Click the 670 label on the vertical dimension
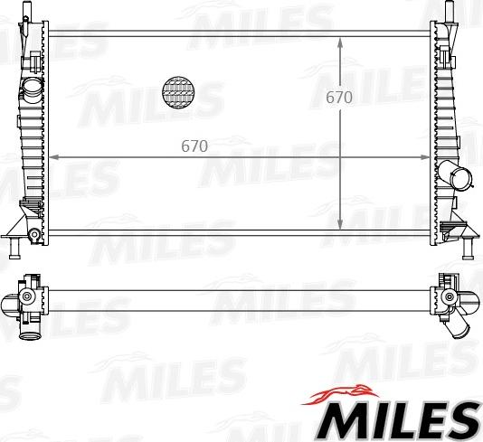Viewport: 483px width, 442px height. pyautogui.click(x=339, y=97)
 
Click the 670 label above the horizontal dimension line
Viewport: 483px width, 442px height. pyautogui.click(x=194, y=146)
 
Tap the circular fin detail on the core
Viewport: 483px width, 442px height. pyautogui.click(x=178, y=92)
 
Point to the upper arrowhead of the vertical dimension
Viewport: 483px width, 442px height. pyautogui.click(x=340, y=43)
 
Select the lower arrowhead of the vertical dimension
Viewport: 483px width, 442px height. pyautogui.click(x=340, y=224)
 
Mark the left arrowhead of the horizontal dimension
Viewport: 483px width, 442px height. pyautogui.click(x=54, y=157)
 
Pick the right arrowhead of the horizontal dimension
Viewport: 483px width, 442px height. pyautogui.click(x=424, y=157)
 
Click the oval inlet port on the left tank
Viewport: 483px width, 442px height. pyautogui.click(x=32, y=87)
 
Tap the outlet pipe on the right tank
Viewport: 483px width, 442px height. pyautogui.click(x=456, y=174)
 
